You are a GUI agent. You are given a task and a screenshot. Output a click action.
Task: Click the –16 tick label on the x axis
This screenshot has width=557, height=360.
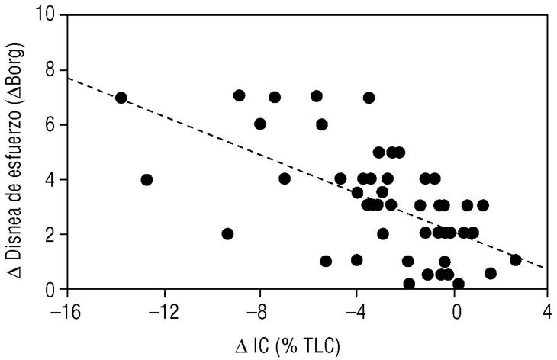67,312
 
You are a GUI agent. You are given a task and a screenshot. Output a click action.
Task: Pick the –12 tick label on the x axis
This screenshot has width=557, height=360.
164,312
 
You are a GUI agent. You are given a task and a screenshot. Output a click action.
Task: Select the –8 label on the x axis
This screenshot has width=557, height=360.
261,312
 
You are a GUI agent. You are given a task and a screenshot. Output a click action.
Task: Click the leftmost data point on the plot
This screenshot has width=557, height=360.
121,98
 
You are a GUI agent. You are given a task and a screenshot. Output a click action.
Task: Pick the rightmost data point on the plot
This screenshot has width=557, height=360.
515,260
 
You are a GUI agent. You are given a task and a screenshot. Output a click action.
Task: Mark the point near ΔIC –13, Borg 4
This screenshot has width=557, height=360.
146,180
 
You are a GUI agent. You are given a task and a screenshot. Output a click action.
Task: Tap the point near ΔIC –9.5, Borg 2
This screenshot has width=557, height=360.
227,233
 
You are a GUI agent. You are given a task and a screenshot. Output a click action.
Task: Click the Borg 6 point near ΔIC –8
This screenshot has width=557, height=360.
260,124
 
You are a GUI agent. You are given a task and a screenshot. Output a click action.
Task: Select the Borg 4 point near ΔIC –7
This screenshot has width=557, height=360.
285,178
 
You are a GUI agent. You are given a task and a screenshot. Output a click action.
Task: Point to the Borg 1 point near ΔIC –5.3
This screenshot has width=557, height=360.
326,261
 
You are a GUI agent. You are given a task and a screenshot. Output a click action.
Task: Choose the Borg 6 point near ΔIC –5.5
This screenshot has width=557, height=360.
321,124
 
